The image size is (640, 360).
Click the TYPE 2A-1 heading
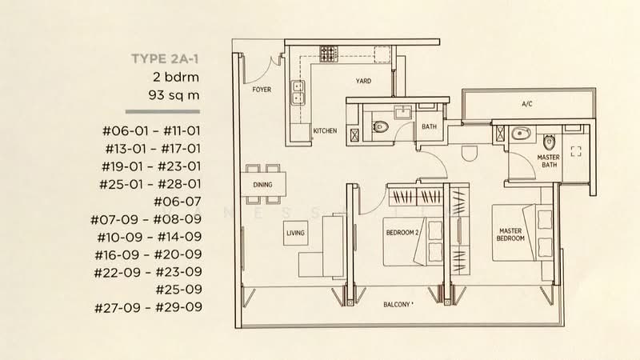click(x=165, y=59)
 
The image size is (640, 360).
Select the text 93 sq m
click(x=174, y=95)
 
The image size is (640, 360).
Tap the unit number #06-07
click(x=178, y=202)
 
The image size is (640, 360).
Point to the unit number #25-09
click(x=178, y=290)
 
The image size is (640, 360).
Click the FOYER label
click(x=262, y=90)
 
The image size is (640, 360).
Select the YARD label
click(x=363, y=81)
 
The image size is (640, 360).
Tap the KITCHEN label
click(x=326, y=130)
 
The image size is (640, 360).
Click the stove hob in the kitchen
click(x=329, y=54)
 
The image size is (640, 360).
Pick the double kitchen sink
click(x=298, y=92)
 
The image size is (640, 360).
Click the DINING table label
click(x=262, y=185)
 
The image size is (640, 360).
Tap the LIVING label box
click(x=295, y=233)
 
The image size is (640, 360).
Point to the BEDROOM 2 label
click(x=402, y=233)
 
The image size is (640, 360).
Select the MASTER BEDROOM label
click(x=510, y=234)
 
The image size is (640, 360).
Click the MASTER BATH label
click(x=549, y=161)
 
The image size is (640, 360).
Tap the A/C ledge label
click(x=527, y=104)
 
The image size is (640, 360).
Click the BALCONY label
click(x=398, y=305)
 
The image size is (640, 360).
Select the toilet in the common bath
click(x=380, y=127)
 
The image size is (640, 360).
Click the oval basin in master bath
click(x=522, y=133)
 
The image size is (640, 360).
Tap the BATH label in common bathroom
click(x=429, y=126)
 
